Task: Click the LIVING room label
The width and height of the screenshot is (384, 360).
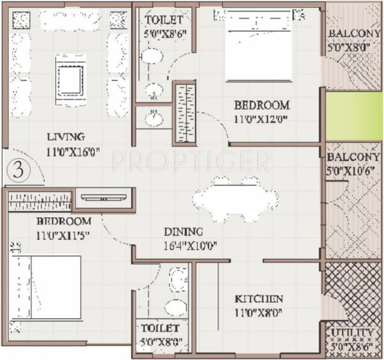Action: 66,137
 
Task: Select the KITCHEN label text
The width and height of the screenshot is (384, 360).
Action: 259,299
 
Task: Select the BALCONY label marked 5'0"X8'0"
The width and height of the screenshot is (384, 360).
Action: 349,34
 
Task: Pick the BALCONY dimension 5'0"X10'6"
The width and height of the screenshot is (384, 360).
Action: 349,170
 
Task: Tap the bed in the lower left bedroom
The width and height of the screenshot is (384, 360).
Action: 46,293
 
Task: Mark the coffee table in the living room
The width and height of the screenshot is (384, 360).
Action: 68,78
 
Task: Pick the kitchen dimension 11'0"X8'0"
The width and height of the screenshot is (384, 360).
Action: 259,313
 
